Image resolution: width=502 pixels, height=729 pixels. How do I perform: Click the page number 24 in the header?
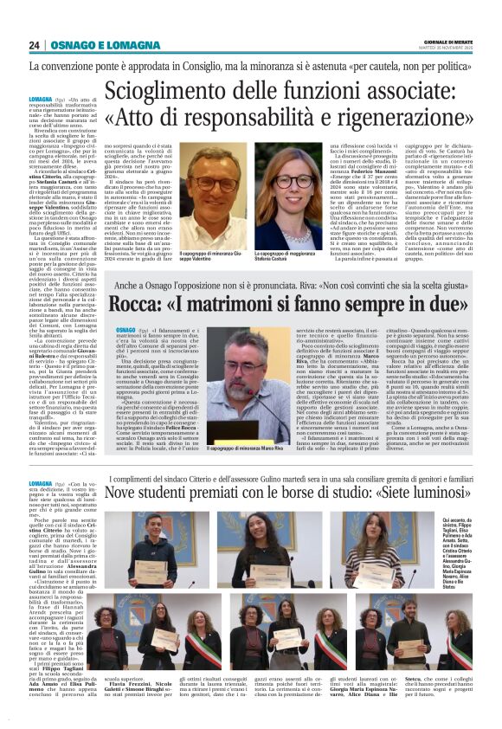pyautogui.click(x=35, y=45)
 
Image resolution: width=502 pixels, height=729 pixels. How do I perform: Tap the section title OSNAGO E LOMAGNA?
pyautogui.click(x=93, y=45)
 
